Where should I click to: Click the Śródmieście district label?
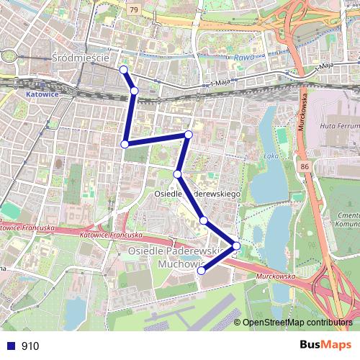pos(81,56)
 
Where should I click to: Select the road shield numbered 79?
pos(135,9)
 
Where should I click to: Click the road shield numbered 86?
pos(305,167)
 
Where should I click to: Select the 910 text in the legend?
pos(30,346)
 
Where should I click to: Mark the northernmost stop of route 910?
pos(123,70)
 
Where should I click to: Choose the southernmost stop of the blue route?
pos(202,271)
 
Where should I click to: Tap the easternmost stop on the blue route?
pos(236,247)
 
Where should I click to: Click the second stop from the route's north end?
pos(135,91)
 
